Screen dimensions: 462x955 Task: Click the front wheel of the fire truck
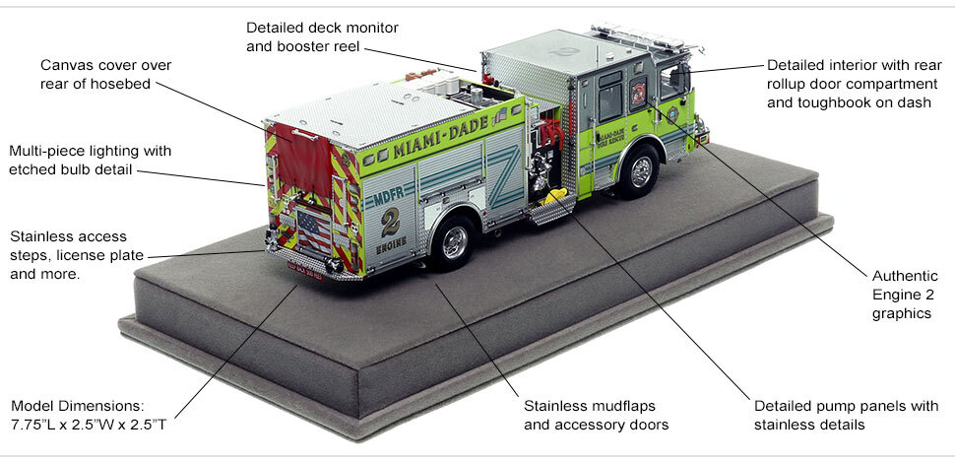(x=641, y=171)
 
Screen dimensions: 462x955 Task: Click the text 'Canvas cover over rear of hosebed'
(x=106, y=75)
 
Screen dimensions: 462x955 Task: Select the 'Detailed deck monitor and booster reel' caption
(x=322, y=36)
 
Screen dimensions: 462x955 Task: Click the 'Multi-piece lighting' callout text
(x=91, y=161)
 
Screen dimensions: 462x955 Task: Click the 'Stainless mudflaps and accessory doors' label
(x=596, y=415)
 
